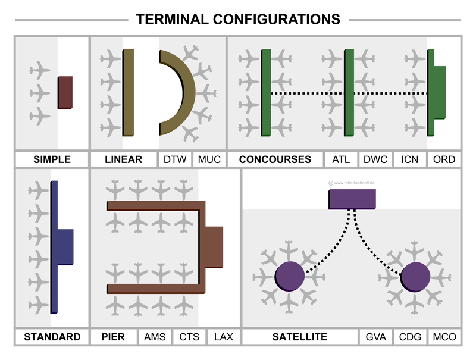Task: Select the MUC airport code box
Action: coord(209,159)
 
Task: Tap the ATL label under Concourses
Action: coord(341,159)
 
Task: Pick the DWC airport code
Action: coord(375,159)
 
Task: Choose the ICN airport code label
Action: coord(410,159)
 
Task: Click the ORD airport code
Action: coord(444,159)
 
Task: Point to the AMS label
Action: coord(156,337)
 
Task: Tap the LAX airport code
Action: coord(224,337)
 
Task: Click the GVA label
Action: coord(375,337)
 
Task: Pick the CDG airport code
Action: coord(410,337)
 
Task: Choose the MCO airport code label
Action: coord(444,337)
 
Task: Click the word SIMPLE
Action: coord(52,159)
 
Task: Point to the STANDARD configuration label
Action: coord(52,337)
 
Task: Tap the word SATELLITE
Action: coord(300,337)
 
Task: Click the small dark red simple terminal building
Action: coord(65,92)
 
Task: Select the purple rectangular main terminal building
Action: coord(352,199)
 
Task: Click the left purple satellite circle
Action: coord(290,277)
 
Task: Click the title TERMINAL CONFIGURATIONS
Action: coord(238,19)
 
